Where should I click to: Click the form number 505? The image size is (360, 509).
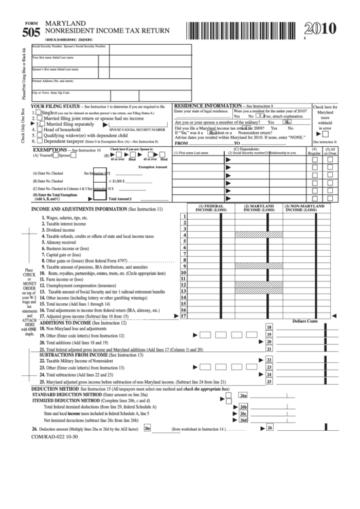[x=31, y=31]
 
